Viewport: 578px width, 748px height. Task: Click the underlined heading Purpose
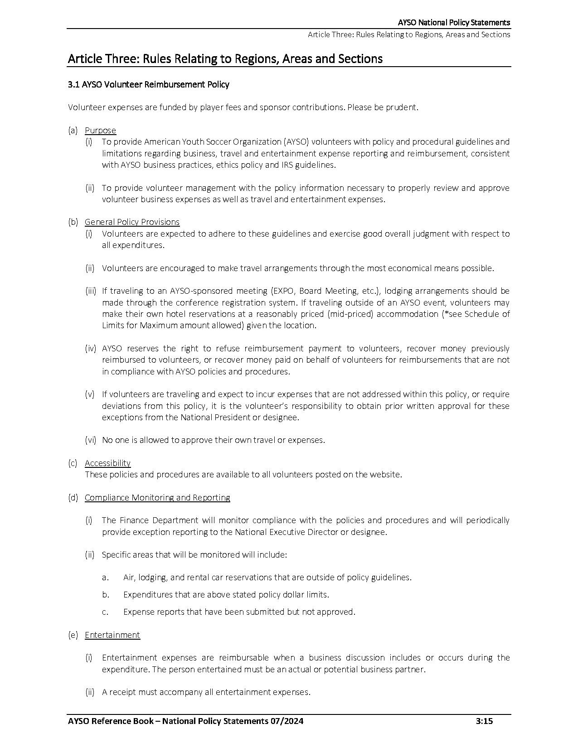coord(100,131)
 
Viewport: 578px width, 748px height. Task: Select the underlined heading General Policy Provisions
coord(132,222)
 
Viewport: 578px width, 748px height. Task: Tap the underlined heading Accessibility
coord(107,463)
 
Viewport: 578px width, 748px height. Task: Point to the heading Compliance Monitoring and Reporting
coord(157,498)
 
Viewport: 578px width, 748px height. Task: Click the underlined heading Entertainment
coord(112,635)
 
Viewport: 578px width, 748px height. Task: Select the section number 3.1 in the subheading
coord(73,84)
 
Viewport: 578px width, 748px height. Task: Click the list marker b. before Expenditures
coord(106,595)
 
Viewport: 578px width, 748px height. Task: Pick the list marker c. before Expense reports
coord(105,612)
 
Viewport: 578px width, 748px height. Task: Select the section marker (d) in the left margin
coord(73,498)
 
